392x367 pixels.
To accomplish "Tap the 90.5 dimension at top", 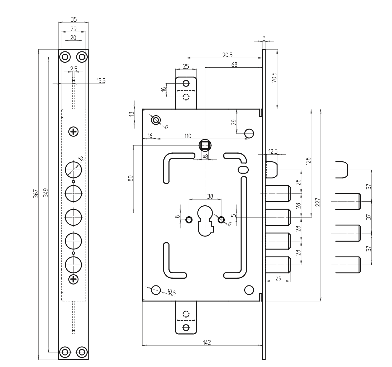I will (227, 55).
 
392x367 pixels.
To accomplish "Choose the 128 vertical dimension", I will (308, 161).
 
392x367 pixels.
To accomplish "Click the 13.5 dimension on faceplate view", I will (101, 81).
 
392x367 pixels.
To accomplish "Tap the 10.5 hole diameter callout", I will (171, 292).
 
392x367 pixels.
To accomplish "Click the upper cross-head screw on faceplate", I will (73, 131).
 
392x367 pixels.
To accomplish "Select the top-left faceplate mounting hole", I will (64, 56).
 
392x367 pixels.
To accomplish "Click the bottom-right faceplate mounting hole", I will (82, 352).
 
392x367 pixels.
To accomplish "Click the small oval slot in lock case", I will (243, 170).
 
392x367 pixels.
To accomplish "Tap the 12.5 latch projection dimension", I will (273, 151).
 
